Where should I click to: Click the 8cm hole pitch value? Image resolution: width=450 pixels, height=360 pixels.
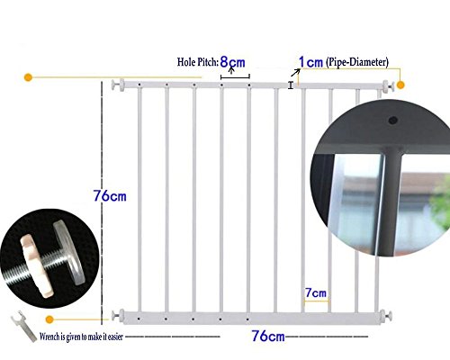[x=232, y=62]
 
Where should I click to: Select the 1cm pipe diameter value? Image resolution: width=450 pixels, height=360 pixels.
[x=310, y=62]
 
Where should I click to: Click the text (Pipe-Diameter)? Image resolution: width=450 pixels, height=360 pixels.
[x=357, y=62]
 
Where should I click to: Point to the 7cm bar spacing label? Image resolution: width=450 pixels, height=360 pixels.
[x=316, y=292]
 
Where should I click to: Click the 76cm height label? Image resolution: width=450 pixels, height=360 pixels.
[x=110, y=196]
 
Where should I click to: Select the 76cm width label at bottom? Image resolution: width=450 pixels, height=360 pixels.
[x=268, y=336]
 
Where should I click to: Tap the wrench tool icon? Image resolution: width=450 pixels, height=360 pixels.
[x=23, y=326]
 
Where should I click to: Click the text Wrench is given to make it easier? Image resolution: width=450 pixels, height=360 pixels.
[x=81, y=337]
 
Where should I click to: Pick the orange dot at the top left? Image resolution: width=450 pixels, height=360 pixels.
[x=28, y=77]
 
